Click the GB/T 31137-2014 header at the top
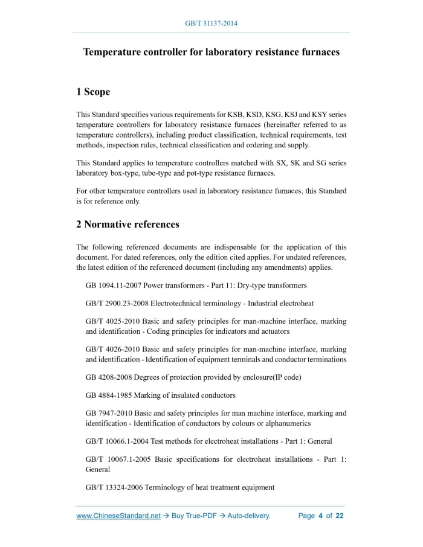pos(211,24)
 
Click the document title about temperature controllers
pos(211,52)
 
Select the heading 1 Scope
pos(93,92)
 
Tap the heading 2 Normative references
pos(128,225)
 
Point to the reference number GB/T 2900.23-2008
pos(117,303)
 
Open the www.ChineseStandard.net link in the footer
pos(118,516)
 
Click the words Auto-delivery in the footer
pos(248,516)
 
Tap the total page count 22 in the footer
pos(340,516)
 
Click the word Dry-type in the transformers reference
pos(251,285)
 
